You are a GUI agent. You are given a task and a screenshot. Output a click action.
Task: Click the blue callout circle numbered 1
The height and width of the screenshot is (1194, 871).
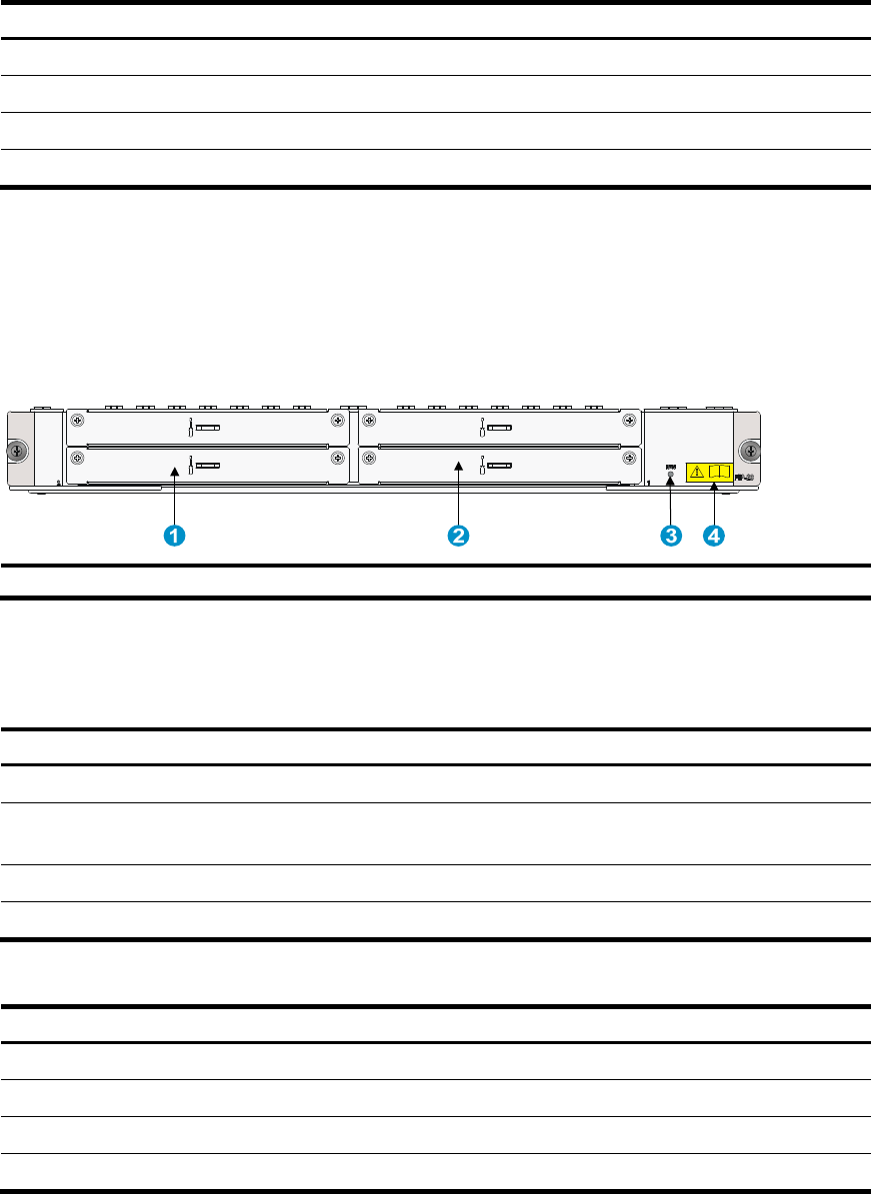point(174,537)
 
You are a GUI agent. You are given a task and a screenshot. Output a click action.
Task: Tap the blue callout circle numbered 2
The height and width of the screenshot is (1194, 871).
point(458,537)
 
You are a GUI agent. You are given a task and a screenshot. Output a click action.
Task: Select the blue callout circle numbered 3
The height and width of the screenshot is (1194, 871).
point(670,537)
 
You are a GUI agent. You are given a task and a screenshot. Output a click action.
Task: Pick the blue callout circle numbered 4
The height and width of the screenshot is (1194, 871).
point(713,537)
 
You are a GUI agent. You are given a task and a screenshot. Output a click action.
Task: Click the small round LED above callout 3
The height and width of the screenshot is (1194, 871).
point(670,475)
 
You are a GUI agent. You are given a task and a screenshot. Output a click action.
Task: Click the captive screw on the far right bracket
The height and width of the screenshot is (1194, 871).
point(748,452)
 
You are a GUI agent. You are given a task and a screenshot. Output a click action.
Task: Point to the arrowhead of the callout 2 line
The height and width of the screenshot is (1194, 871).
point(458,465)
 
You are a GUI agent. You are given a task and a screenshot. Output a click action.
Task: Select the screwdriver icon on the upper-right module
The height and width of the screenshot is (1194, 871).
point(482,428)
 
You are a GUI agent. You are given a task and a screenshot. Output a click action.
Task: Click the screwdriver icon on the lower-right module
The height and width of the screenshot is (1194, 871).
point(482,465)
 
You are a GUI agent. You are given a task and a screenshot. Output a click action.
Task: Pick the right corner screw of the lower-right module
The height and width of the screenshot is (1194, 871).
point(628,458)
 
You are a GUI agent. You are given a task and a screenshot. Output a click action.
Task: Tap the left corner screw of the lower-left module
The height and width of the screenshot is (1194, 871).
point(76,458)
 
